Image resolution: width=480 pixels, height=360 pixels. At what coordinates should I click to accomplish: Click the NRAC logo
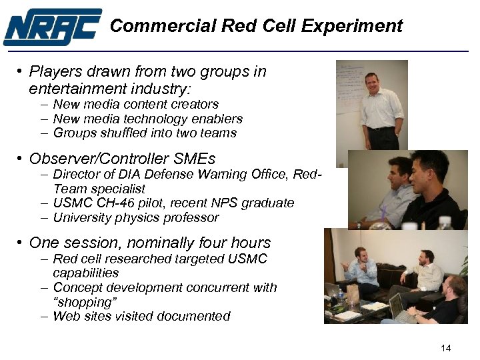click(x=52, y=27)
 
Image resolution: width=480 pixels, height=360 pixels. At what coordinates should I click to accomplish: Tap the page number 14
click(x=446, y=348)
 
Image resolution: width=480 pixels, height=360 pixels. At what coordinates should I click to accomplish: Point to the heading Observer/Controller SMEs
click(x=122, y=159)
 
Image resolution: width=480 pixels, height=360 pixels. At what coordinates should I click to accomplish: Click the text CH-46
click(x=107, y=203)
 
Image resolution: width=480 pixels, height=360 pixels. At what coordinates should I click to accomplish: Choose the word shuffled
click(x=121, y=133)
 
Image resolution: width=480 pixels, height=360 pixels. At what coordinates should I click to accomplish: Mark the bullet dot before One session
click(x=21, y=243)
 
